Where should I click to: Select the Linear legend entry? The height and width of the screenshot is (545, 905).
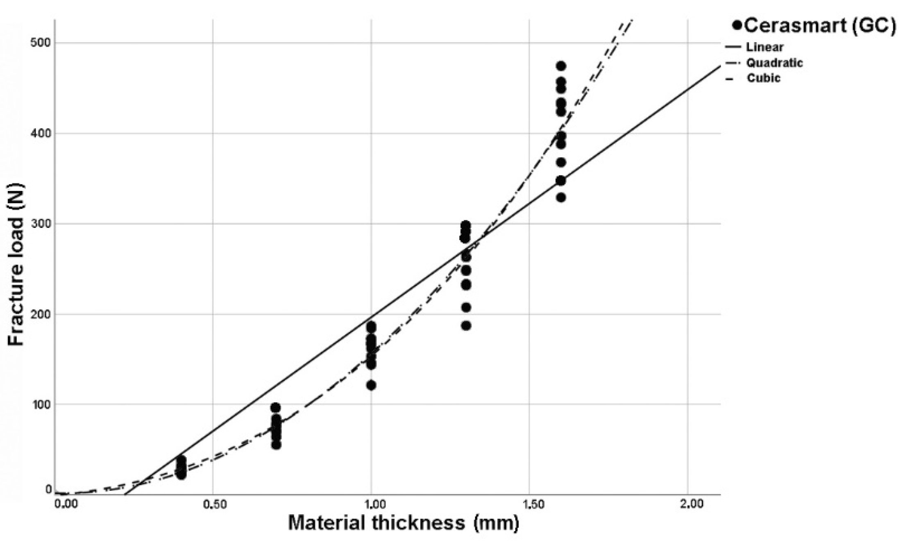[x=764, y=47]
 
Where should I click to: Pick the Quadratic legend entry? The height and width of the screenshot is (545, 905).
[x=774, y=63]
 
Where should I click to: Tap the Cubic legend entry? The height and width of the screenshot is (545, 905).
[x=764, y=78]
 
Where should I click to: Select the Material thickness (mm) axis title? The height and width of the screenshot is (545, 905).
[x=403, y=523]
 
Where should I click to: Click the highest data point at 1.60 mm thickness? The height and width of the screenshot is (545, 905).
[x=561, y=66]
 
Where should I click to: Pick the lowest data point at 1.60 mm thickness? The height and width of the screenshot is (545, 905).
[x=561, y=198]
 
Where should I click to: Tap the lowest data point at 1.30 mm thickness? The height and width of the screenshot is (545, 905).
[x=466, y=326]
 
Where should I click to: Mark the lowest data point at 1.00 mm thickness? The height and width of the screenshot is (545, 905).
[x=371, y=385]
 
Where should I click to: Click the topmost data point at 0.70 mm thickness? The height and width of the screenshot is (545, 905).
[x=276, y=408]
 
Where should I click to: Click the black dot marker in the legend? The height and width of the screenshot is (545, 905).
[x=737, y=25]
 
